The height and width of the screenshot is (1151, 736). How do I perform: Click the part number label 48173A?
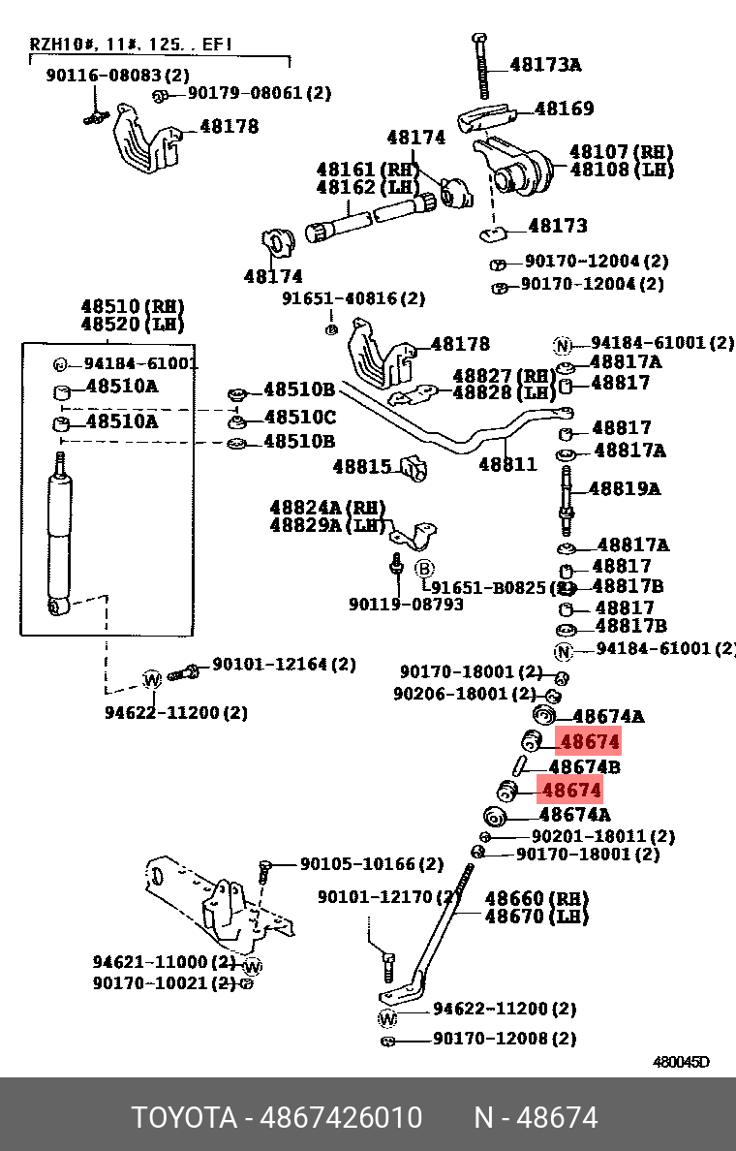click(545, 66)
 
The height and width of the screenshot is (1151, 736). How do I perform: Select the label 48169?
click(564, 109)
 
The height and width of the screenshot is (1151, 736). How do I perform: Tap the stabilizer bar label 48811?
click(507, 464)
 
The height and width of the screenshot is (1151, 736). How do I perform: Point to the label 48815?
click(361, 466)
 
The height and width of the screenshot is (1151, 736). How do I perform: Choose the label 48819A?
click(624, 488)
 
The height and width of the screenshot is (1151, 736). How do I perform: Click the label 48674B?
click(584, 767)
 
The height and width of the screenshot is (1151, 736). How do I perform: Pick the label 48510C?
click(299, 418)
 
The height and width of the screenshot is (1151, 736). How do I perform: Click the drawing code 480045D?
click(680, 1062)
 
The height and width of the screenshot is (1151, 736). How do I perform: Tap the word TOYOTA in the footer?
click(184, 1118)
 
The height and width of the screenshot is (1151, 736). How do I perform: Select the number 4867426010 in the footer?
click(341, 1118)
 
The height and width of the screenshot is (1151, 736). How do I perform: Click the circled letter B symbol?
click(424, 568)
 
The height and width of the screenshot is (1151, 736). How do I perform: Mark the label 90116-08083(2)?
click(117, 75)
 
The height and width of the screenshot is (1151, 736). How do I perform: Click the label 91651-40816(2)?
click(353, 298)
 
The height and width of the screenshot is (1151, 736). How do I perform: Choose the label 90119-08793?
click(406, 605)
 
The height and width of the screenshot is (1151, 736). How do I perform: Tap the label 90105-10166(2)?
click(371, 863)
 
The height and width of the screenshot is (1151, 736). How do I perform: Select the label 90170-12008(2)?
click(504, 1038)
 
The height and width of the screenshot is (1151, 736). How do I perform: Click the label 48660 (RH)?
click(536, 898)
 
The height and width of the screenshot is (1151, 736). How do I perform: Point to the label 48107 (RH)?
click(621, 152)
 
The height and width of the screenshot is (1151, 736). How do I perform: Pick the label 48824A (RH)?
click(327, 508)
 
